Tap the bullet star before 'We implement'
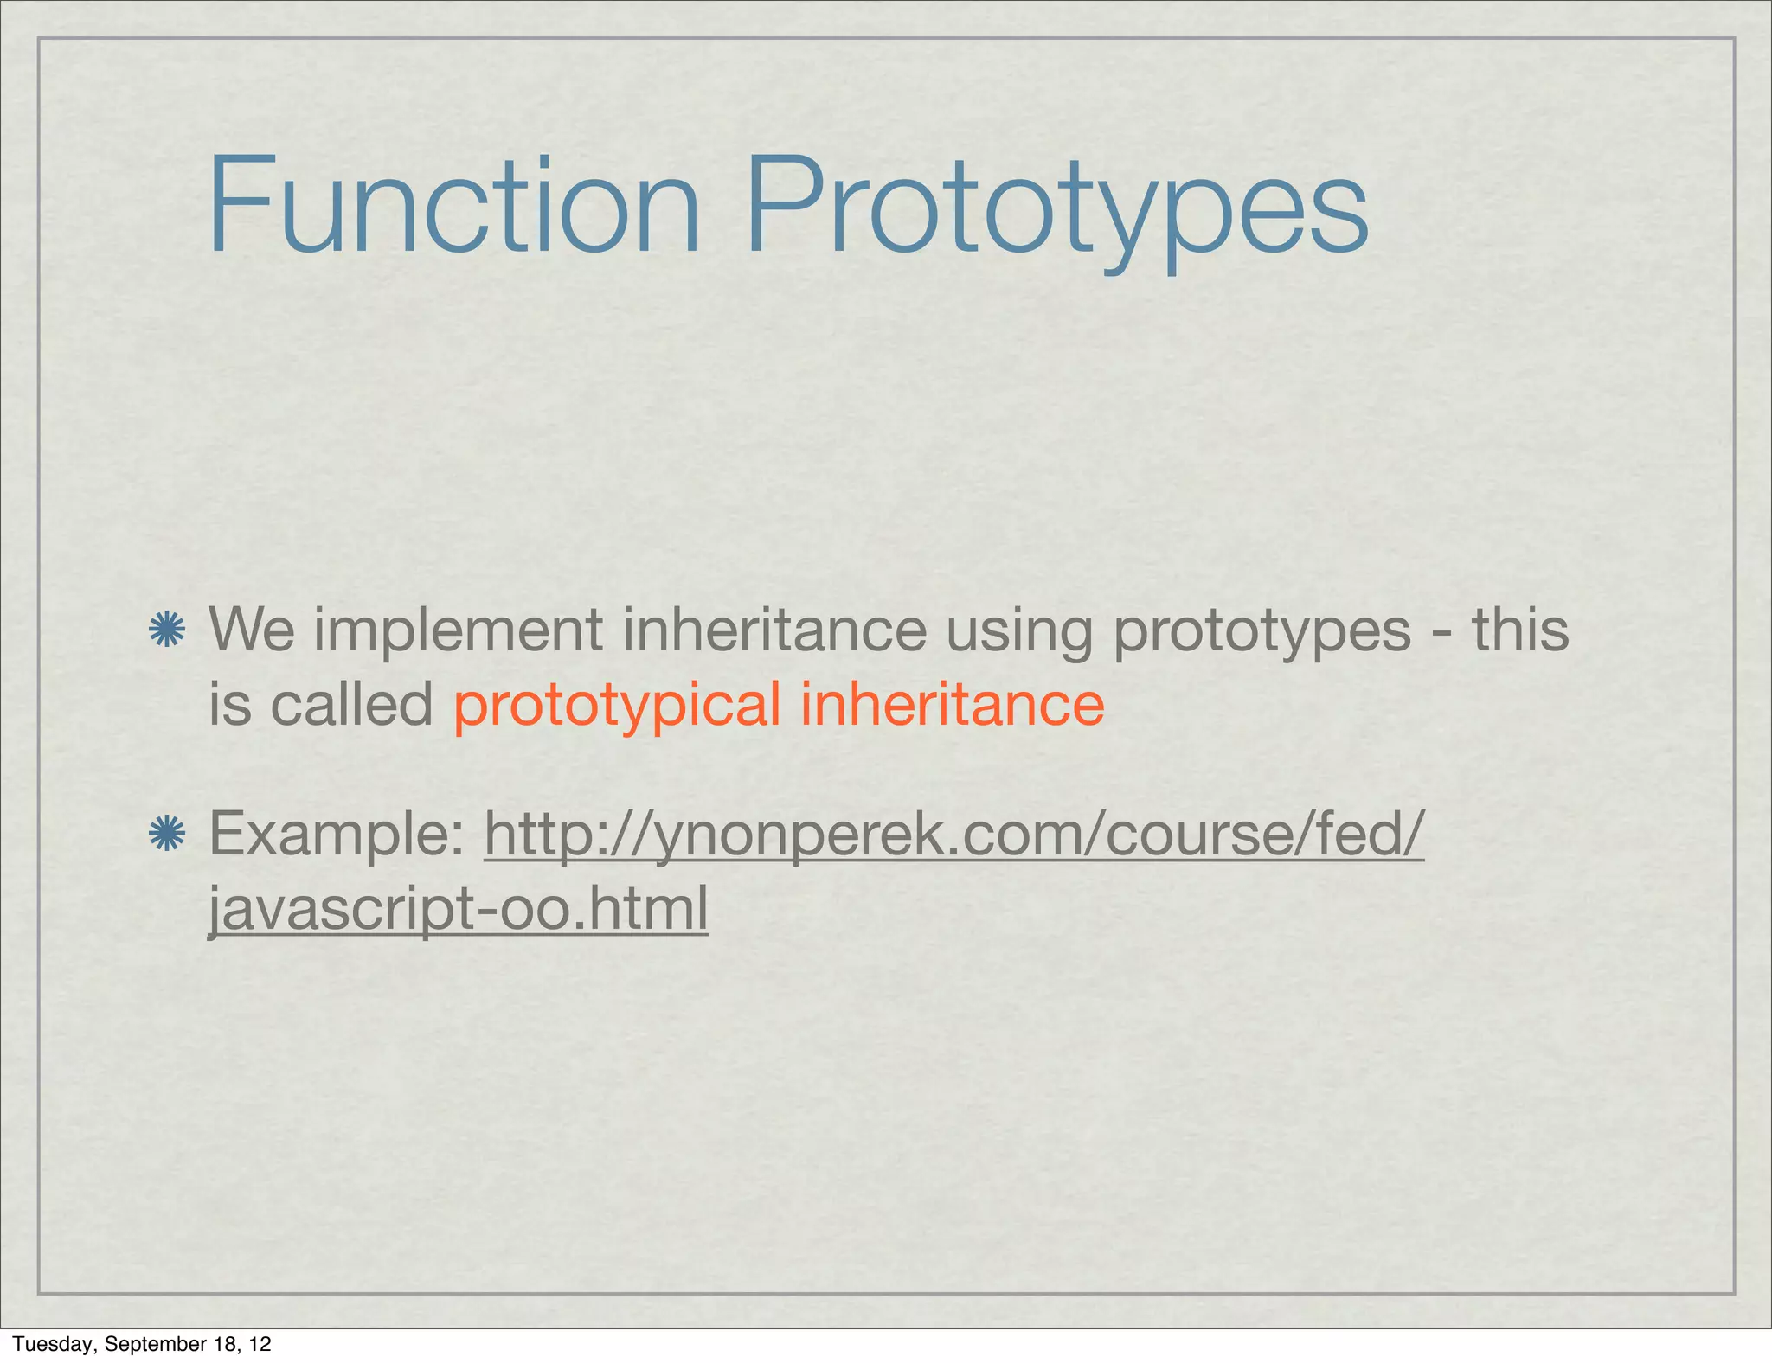(166, 630)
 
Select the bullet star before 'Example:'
(166, 835)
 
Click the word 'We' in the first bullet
(252, 630)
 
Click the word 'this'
(1520, 630)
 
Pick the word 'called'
(351, 704)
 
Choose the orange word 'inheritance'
(952, 704)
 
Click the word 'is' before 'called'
(229, 704)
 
